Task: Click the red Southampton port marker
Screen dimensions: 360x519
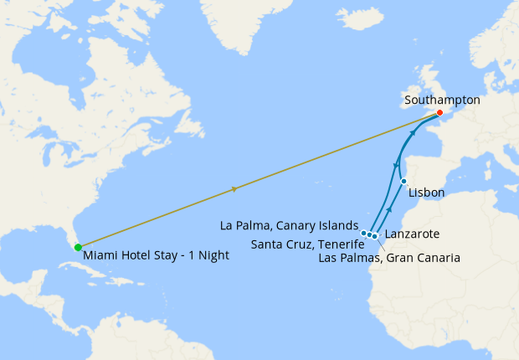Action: tap(439, 112)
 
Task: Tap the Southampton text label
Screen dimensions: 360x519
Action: tap(442, 100)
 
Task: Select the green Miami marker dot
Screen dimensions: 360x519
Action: tap(78, 247)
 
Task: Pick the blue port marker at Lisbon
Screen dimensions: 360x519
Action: tap(403, 181)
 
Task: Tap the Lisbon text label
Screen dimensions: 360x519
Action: tap(427, 193)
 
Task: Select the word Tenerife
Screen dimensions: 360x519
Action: tap(339, 244)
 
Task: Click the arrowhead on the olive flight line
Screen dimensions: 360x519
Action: tap(234, 189)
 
